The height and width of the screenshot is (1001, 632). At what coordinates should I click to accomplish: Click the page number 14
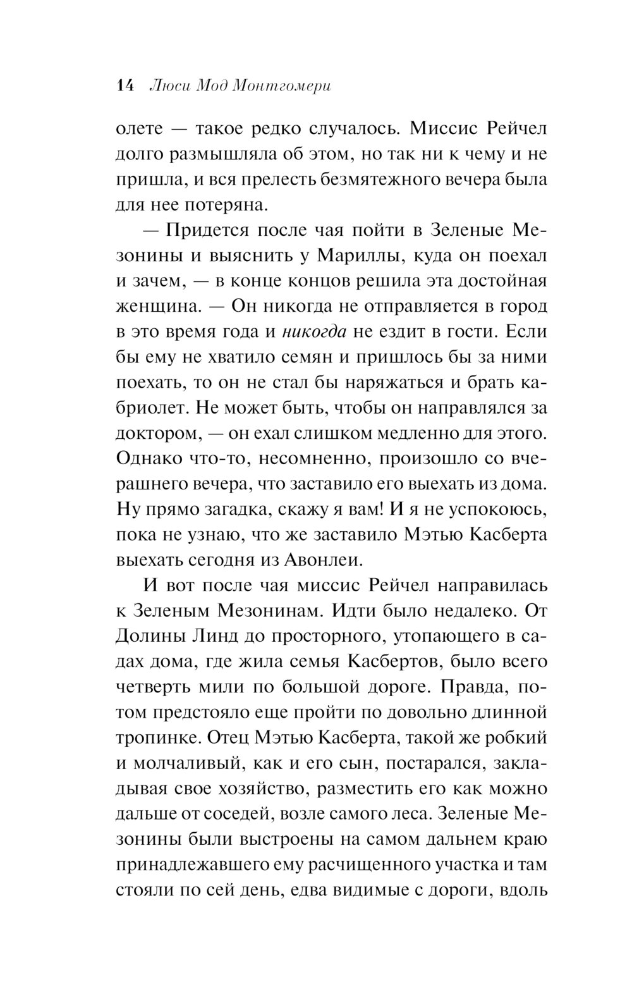pos(126,87)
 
